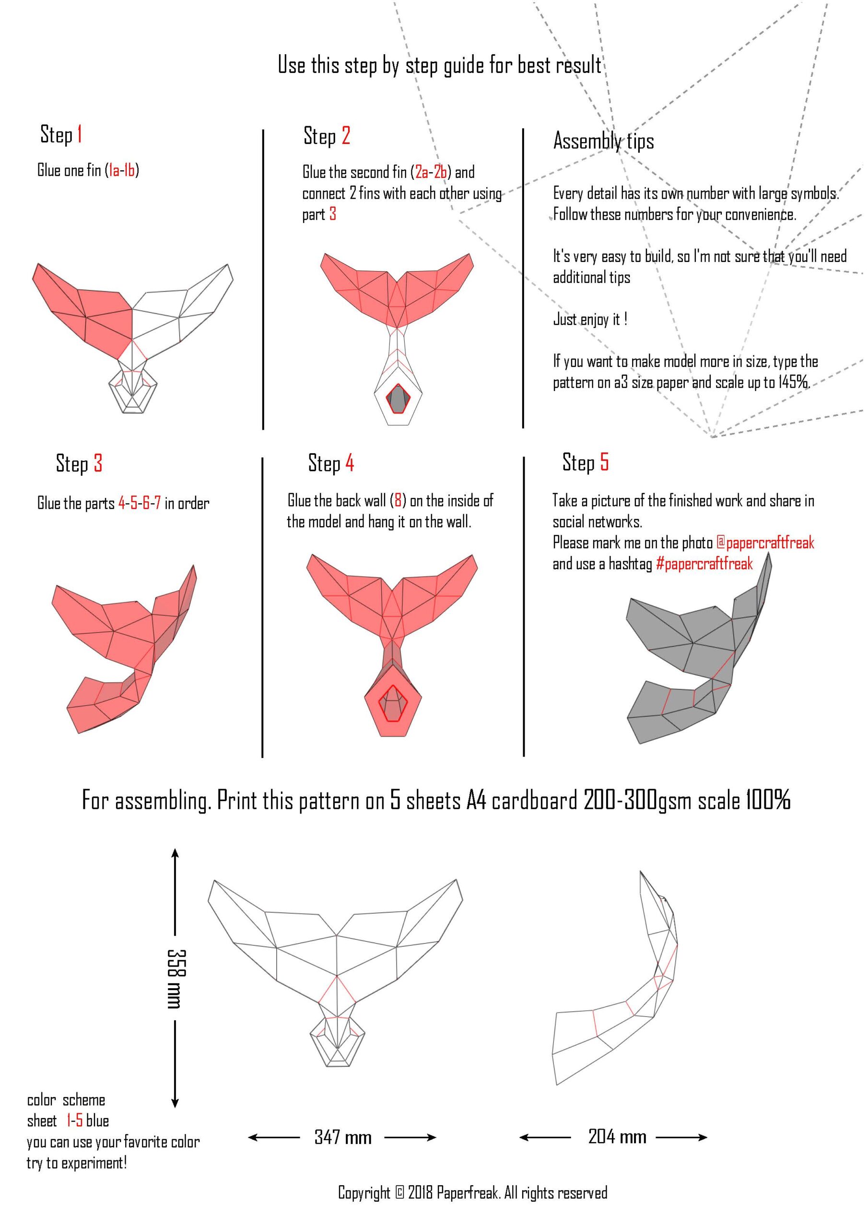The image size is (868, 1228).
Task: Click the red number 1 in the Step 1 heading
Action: (x=79, y=134)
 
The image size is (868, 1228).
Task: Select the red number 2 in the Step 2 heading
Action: (x=345, y=135)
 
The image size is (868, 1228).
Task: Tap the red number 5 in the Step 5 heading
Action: (x=604, y=461)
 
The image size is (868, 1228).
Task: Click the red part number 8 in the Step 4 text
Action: (x=398, y=501)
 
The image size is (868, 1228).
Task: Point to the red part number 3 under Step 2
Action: (x=333, y=214)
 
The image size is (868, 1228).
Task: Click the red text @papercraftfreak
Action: (x=765, y=543)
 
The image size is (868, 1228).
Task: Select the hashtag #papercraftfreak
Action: (x=704, y=564)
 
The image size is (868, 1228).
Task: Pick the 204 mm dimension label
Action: (x=617, y=1136)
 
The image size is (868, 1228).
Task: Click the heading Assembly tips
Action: (x=603, y=141)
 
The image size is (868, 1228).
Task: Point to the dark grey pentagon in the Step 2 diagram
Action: (x=399, y=399)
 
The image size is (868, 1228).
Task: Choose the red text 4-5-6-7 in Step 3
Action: (x=139, y=503)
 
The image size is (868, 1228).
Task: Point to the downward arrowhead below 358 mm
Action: (x=175, y=1102)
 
